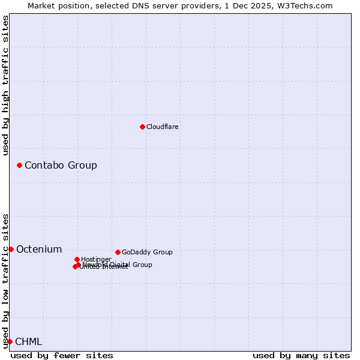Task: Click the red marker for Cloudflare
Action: click(142, 127)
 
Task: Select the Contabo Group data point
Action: click(19, 165)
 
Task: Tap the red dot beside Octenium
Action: click(11, 249)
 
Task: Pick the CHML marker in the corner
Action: click(10, 341)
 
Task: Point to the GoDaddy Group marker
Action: click(118, 252)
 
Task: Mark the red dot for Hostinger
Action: click(77, 259)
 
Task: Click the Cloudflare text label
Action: click(163, 127)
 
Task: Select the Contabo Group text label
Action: click(61, 166)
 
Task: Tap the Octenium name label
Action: click(39, 250)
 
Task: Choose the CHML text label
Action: click(29, 342)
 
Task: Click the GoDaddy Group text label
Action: click(147, 253)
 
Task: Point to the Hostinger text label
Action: click(96, 260)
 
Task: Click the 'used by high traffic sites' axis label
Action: click(5, 85)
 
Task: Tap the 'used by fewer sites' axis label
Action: click(62, 356)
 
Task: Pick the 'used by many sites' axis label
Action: click(301, 356)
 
